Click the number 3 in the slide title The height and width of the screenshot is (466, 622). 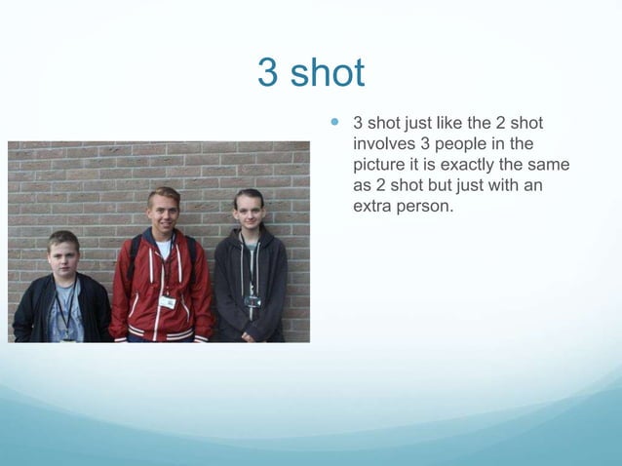[267, 73]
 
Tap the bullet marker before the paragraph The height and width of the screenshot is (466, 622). [336, 124]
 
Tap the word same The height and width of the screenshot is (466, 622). [549, 165]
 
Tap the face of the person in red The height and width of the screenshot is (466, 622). [164, 211]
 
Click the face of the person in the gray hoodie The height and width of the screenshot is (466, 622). [249, 213]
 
